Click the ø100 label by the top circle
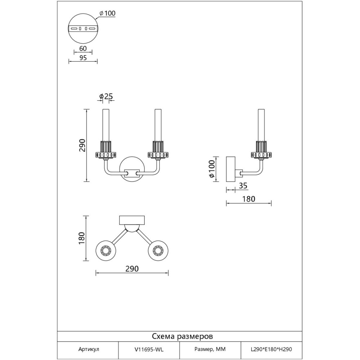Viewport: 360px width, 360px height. point(107,13)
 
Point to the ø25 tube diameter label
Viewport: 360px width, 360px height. point(107,96)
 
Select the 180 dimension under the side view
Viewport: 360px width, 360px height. point(248,199)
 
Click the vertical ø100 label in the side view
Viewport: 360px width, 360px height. point(212,169)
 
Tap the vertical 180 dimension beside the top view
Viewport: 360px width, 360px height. point(82,238)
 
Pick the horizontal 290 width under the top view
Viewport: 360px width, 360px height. point(132,269)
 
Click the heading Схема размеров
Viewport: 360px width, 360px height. point(182,337)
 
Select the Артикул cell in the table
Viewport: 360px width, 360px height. point(88,349)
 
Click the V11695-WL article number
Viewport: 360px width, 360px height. point(149,349)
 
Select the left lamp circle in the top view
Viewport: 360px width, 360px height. point(106,250)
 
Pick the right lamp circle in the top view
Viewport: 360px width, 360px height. point(158,250)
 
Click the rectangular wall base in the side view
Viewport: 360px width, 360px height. point(230,169)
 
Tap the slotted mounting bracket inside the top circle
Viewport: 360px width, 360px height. point(82,28)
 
